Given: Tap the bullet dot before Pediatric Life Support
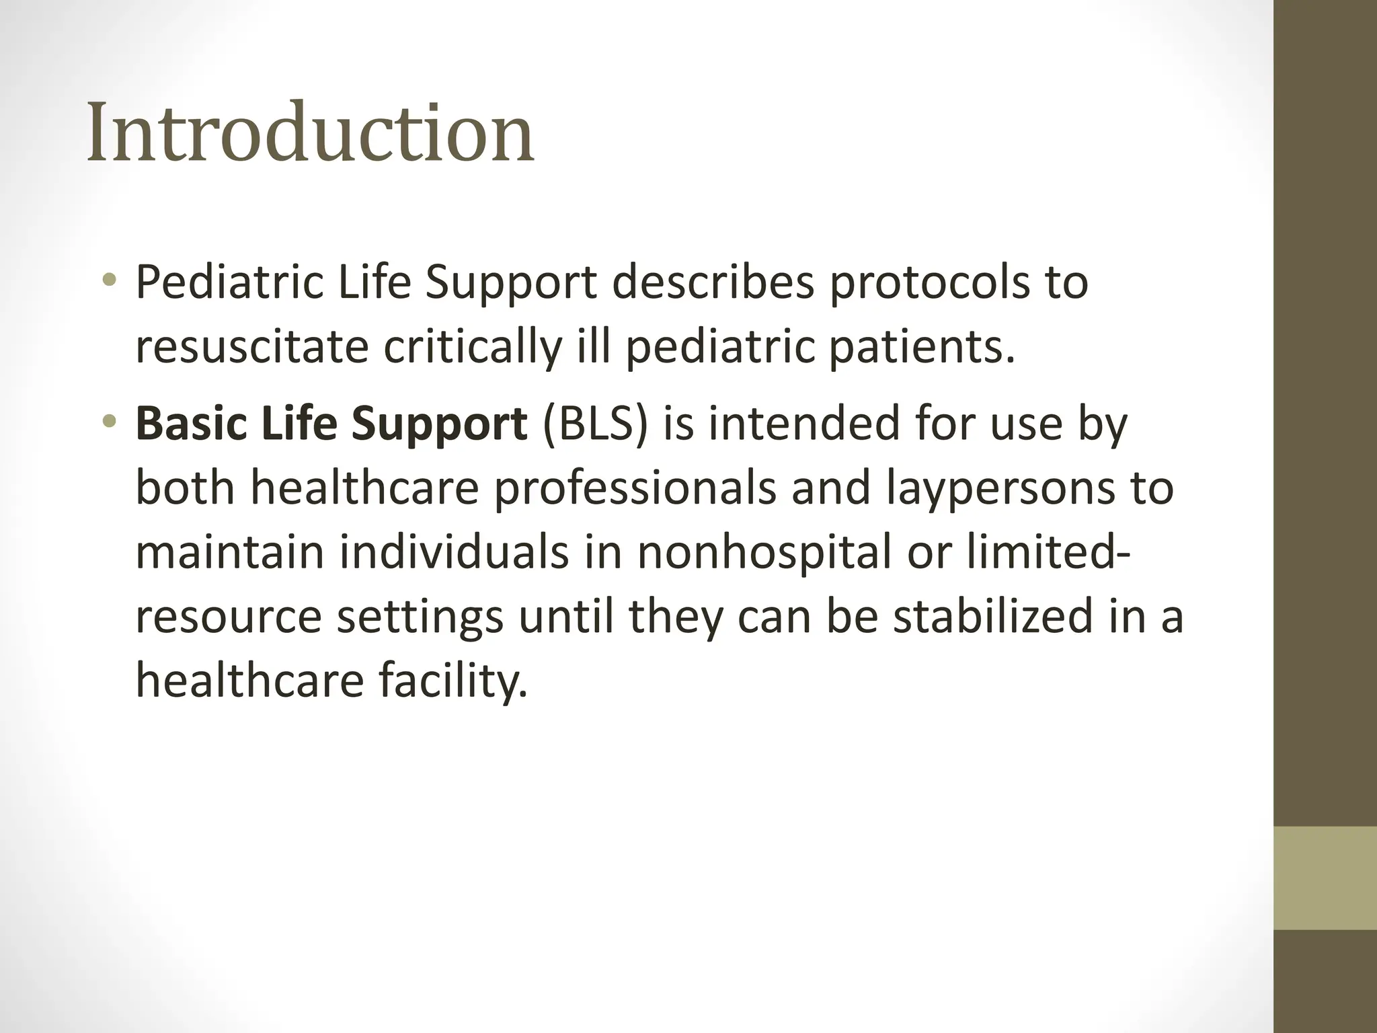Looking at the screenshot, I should tap(110, 279).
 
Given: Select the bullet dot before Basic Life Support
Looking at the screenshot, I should tap(110, 422).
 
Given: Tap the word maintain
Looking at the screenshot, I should tap(230, 551).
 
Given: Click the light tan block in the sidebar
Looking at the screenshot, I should tap(1325, 878).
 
